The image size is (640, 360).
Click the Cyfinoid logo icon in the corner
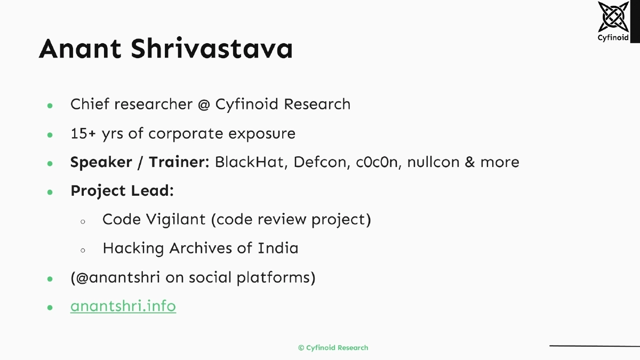(x=613, y=18)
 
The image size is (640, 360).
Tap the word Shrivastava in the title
(x=212, y=49)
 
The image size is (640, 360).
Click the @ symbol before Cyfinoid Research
(x=203, y=104)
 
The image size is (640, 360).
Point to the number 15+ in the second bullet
(x=84, y=133)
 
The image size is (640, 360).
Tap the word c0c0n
(x=377, y=162)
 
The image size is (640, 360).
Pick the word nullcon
(x=433, y=162)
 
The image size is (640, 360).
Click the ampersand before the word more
(x=469, y=162)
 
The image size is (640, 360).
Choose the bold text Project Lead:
(x=122, y=191)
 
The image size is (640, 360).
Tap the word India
(x=278, y=248)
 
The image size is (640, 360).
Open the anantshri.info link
(x=123, y=306)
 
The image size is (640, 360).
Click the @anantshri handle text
(x=117, y=277)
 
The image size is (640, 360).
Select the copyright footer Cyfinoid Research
(x=333, y=348)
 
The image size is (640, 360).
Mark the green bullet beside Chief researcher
(x=50, y=105)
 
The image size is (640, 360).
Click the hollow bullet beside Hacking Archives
(x=83, y=249)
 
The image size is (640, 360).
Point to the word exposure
(x=262, y=133)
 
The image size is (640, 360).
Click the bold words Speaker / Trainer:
(x=140, y=162)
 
